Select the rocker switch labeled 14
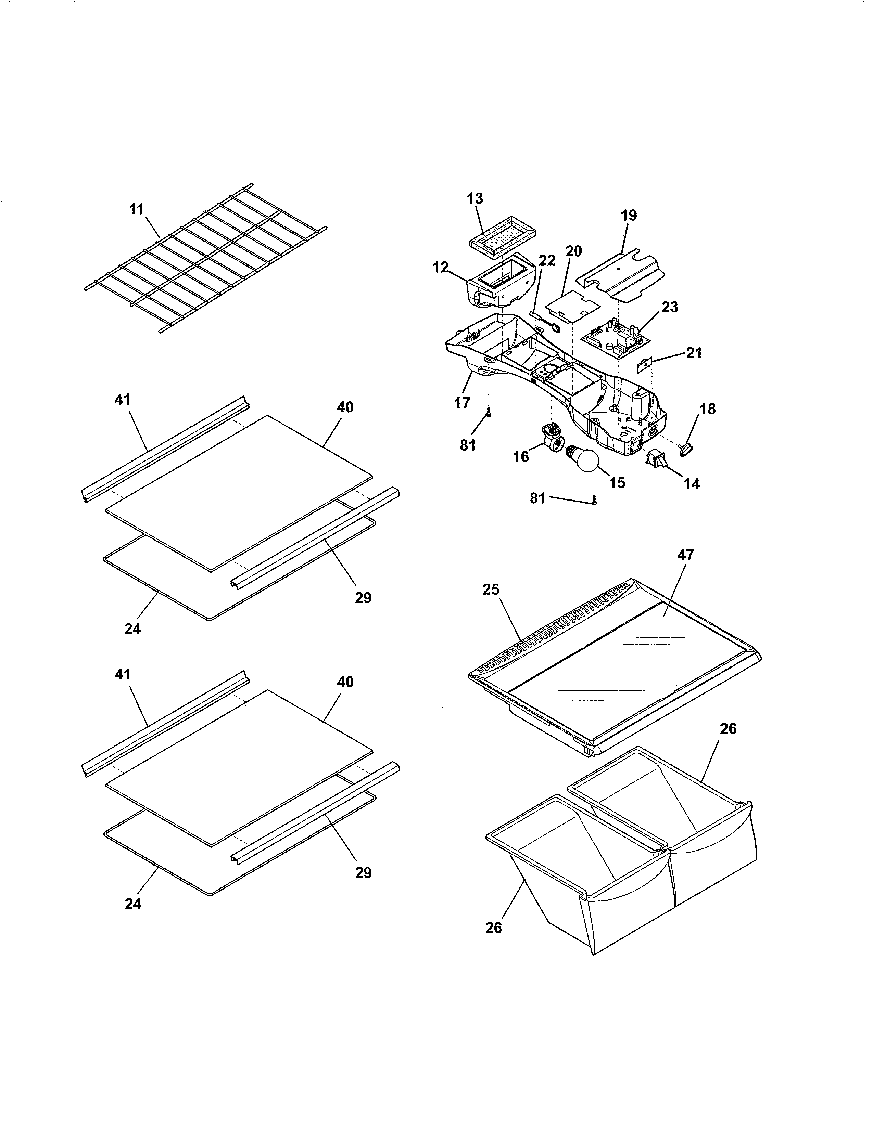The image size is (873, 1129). [656, 458]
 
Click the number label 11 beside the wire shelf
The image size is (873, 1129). [137, 209]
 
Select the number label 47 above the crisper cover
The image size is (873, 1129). [685, 555]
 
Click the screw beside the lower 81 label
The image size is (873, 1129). [595, 501]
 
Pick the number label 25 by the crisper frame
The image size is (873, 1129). [491, 589]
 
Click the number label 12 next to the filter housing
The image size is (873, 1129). [441, 268]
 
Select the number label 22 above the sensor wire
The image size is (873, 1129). [547, 261]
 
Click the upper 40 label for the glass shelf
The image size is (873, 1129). [345, 407]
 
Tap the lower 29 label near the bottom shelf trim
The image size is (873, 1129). [363, 873]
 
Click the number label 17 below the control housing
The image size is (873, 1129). [462, 403]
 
